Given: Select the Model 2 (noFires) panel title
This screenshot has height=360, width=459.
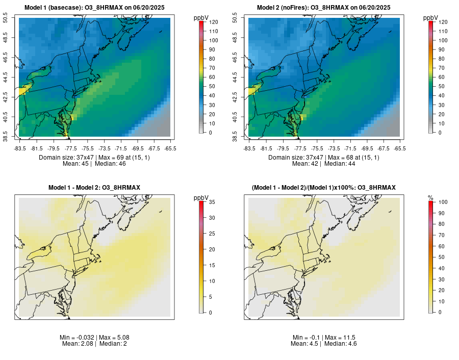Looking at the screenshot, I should [324, 8].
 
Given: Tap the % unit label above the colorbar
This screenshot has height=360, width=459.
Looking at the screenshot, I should [431, 198].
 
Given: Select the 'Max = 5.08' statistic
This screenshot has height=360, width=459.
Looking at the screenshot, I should [108, 338].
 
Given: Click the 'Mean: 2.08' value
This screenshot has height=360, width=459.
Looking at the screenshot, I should [79, 344].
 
